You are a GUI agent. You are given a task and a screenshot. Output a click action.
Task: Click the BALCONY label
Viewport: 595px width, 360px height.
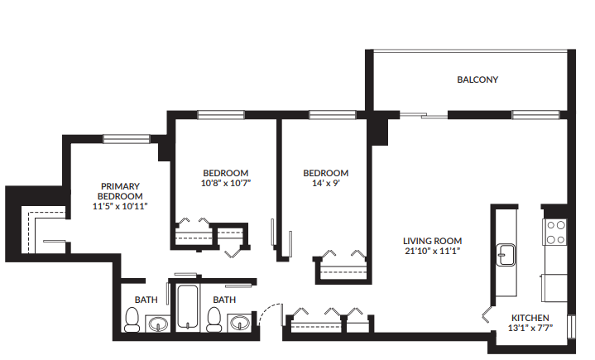[477, 80]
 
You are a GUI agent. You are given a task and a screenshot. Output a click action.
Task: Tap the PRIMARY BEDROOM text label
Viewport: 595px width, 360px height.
[120, 191]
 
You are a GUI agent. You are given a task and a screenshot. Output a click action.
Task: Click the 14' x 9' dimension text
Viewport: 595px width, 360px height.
[326, 184]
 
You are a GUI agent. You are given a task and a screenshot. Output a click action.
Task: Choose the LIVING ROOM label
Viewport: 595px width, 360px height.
[432, 240]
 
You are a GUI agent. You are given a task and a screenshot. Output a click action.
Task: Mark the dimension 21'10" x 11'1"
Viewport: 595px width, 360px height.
[432, 251]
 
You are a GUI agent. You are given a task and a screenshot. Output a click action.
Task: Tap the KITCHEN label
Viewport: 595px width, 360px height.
[530, 318]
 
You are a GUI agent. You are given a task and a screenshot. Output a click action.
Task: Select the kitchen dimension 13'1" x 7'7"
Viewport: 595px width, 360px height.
[530, 329]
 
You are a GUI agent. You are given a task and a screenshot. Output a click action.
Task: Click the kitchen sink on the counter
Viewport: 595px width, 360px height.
[504, 254]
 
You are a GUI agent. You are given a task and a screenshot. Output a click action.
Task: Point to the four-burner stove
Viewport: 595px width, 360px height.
[555, 232]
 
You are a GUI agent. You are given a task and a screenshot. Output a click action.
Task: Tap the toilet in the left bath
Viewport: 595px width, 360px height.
[132, 319]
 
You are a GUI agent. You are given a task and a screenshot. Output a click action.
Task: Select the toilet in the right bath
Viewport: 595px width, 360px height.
[214, 319]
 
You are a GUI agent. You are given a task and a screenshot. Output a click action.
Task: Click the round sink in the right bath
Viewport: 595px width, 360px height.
[239, 323]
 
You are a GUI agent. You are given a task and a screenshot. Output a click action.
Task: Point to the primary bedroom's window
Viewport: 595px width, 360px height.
[126, 138]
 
